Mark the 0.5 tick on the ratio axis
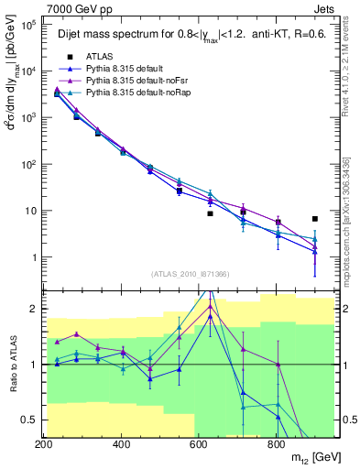pyautogui.click(x=30, y=420)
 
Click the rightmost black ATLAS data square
pyautogui.click(x=315, y=219)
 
